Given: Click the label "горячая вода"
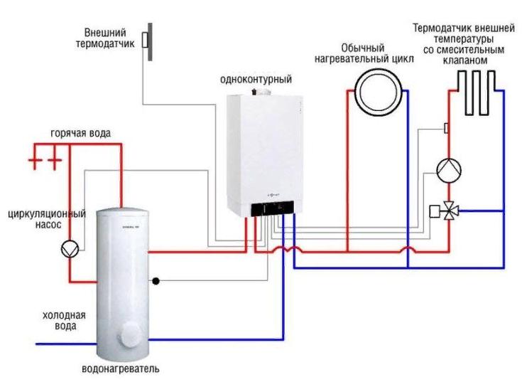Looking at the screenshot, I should coord(80,134).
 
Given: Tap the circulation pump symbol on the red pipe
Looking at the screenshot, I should coord(70,248).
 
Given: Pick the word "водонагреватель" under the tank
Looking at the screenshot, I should coord(120,369).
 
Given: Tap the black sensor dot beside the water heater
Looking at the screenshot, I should coord(156,280).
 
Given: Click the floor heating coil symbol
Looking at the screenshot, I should coord(477,92).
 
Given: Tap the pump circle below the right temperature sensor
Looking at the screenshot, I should coord(448,169).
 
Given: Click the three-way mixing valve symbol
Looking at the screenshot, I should coord(449,211).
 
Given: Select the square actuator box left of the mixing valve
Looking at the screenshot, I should coord(435,211).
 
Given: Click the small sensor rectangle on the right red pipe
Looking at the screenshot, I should coord(446,128).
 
